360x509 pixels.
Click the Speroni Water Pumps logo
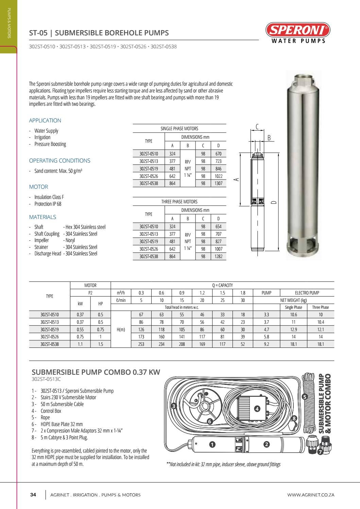[298, 33]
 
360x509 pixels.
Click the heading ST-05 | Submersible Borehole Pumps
[99, 33]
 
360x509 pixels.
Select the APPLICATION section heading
[45, 120]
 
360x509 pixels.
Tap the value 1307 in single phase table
[218, 183]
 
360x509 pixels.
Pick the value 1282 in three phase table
[218, 257]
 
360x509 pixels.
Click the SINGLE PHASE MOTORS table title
[179, 129]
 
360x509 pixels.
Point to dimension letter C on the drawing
[257, 127]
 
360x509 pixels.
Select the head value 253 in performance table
[141, 344]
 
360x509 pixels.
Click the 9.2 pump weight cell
[267, 344]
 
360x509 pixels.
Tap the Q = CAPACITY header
[222, 286]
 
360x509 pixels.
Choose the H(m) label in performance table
[121, 329]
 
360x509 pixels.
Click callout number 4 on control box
[257, 409]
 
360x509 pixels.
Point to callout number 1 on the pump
[212, 444]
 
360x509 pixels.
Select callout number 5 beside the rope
[305, 397]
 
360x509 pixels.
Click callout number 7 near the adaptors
[320, 452]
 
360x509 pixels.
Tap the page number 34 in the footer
[33, 495]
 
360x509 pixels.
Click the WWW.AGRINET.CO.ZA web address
[311, 495]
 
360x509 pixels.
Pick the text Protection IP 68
[48, 204]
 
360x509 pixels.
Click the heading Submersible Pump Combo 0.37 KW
[96, 372]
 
